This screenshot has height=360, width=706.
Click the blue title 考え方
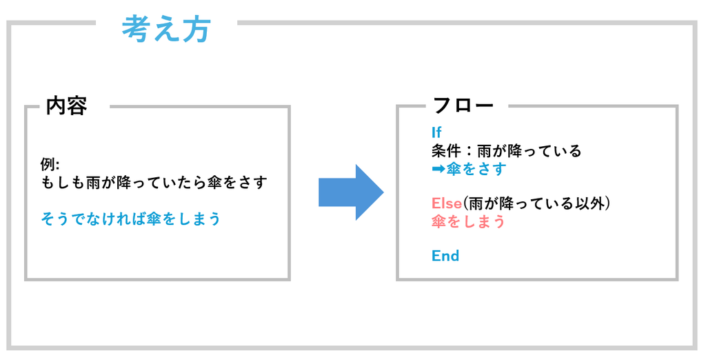pos(166,29)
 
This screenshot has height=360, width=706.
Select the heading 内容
pos(66,106)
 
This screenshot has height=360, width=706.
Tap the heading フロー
pos(463,106)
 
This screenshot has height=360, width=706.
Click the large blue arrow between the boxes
pos(351,192)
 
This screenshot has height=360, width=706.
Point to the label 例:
pos(50,165)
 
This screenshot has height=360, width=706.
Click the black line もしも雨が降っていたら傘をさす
pos(154,183)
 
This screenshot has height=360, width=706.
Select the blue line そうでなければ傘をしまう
pos(130,219)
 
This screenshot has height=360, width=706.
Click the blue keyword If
pos(436,132)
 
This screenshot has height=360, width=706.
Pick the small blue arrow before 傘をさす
pos(438,170)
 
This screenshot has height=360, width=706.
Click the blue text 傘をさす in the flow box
pos(476,170)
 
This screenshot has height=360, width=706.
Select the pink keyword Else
pos(447,203)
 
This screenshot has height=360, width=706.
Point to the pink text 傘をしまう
pos(468,221)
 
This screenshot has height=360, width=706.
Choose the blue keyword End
pos(445,256)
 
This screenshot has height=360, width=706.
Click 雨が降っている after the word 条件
pos(529,150)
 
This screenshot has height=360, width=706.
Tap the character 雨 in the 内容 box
pos(94,183)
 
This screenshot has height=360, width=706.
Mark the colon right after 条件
pos(468,151)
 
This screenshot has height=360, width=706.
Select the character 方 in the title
pos(196,30)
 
